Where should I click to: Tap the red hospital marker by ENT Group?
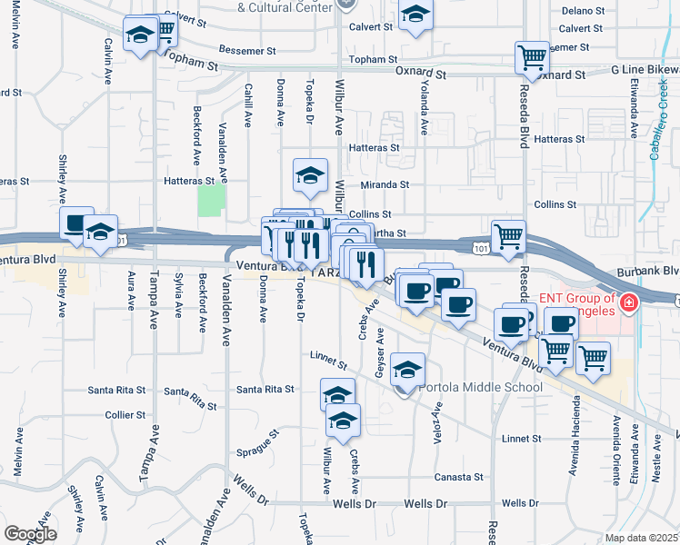tap(628, 302)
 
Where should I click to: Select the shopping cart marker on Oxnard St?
tap(531, 57)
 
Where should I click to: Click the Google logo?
tap(30, 534)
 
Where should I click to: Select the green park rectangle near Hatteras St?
tap(211, 196)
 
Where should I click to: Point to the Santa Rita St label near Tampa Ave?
tap(116, 391)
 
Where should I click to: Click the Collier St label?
tap(125, 415)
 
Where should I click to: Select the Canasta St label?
tap(458, 477)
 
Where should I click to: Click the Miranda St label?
tap(385, 184)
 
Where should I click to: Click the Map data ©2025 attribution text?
tap(642, 538)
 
